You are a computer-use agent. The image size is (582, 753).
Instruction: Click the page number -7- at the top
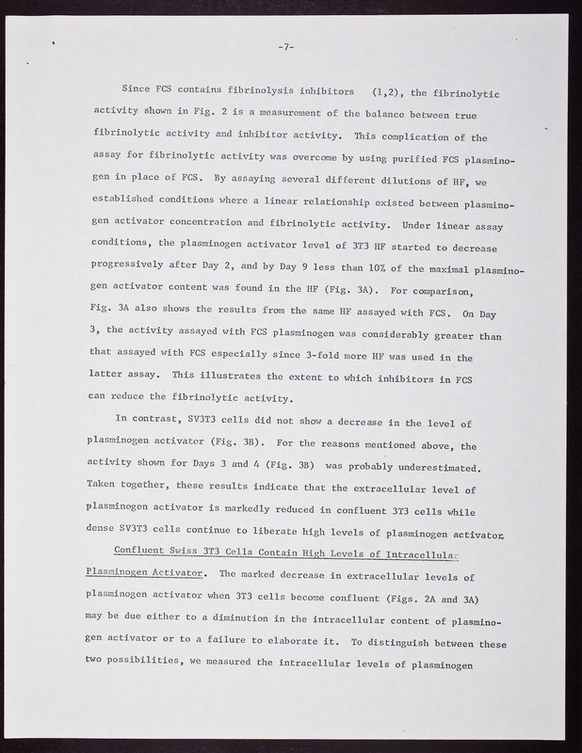[x=289, y=47]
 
